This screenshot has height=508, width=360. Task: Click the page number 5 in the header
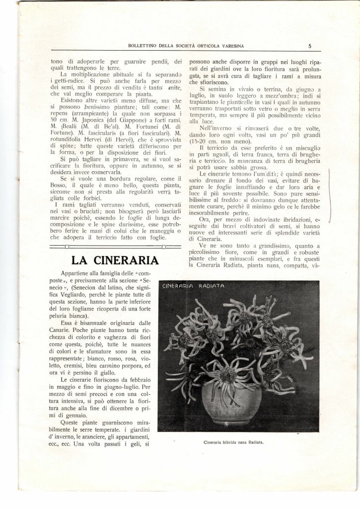click(309, 46)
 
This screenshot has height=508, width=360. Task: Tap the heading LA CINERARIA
click(115, 260)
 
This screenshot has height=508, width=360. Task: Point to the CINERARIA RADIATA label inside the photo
click(193, 287)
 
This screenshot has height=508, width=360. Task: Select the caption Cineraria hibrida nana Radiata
click(233, 441)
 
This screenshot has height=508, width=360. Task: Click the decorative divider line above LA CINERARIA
click(115, 246)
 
